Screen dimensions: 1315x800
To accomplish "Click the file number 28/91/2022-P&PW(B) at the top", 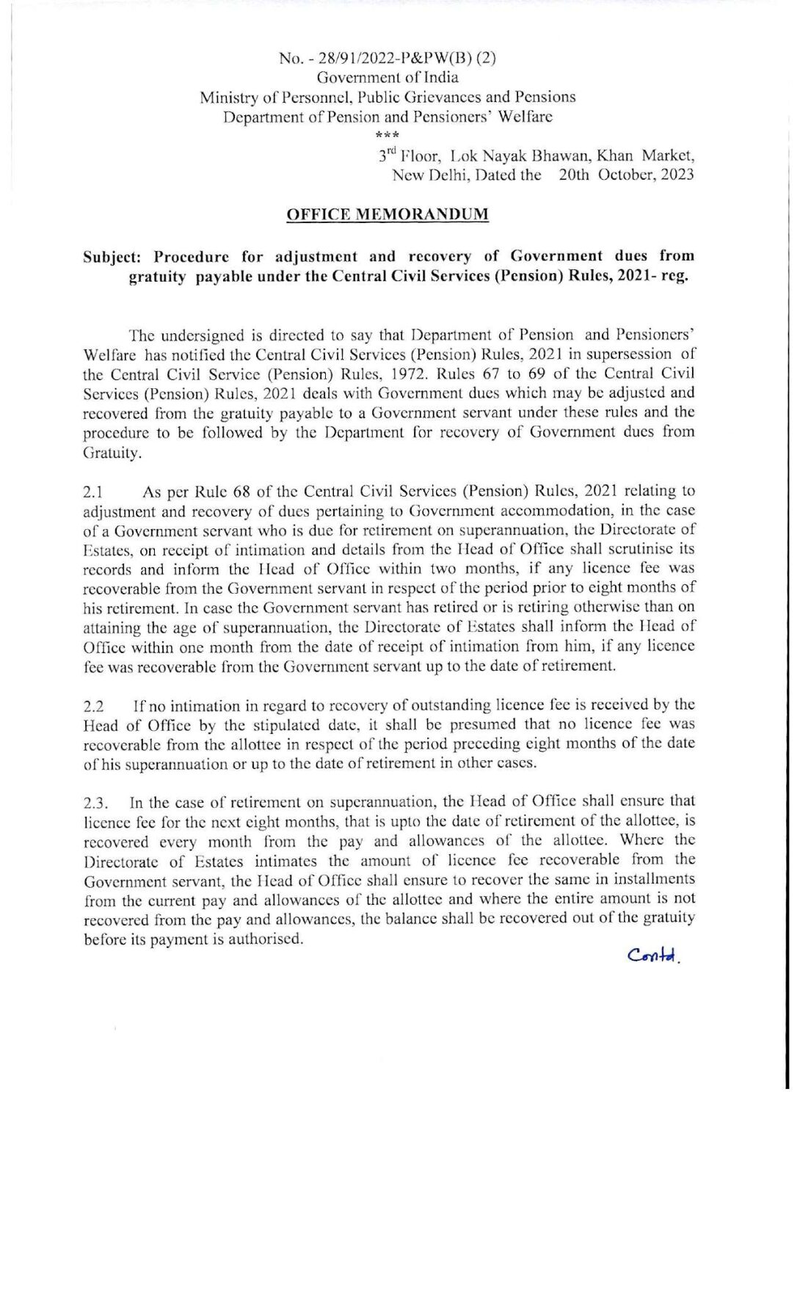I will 388,58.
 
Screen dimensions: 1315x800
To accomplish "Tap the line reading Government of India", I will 388,77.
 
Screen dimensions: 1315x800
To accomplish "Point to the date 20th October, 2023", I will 625,175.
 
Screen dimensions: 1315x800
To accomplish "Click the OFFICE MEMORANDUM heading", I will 387,214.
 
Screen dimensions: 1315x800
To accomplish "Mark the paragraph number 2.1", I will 94,492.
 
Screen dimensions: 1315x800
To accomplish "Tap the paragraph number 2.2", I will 94,707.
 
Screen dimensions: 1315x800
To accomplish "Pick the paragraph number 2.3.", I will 96,803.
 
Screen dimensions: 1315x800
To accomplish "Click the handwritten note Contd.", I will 654,955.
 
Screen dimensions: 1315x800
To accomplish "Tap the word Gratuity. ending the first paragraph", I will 112,453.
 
